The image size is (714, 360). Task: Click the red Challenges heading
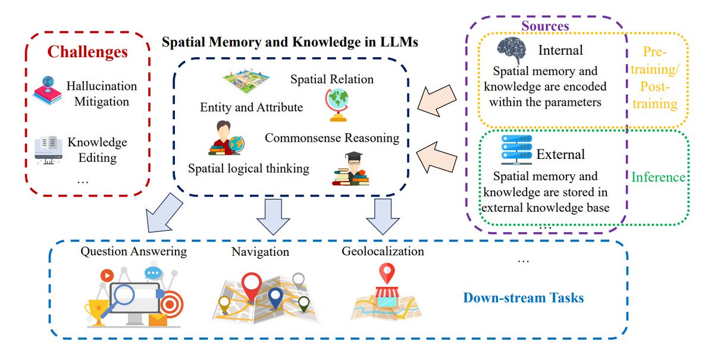[87, 52]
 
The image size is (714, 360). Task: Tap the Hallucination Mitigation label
[101, 93]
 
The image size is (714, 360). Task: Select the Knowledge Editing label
[97, 150]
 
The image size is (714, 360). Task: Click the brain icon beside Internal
[512, 50]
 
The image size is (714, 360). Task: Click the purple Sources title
[545, 26]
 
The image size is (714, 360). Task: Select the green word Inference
[658, 177]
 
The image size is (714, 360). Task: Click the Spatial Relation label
[332, 79]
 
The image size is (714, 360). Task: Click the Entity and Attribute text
[251, 108]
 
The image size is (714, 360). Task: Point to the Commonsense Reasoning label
[331, 138]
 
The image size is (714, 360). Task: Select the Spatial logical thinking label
[248, 168]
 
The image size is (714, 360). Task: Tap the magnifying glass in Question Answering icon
[128, 296]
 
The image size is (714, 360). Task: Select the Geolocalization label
[383, 251]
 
